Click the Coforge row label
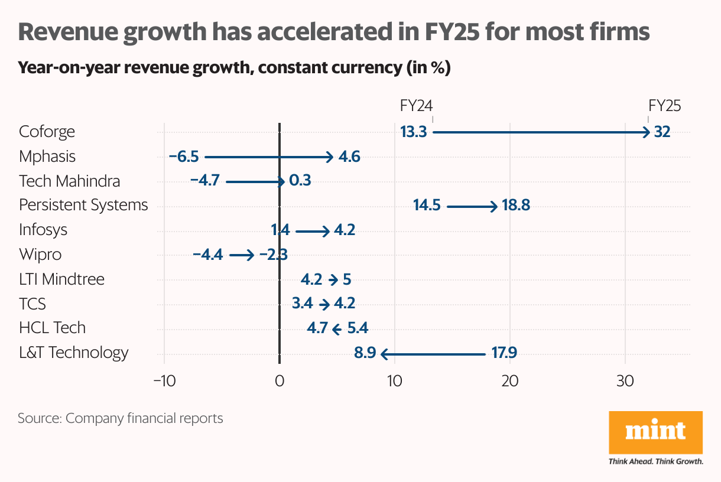pyautogui.click(x=47, y=131)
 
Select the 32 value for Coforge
pyautogui.click(x=662, y=132)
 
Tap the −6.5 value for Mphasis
pyautogui.click(x=184, y=157)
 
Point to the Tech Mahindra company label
pyautogui.click(x=69, y=181)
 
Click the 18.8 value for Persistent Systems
pyautogui.click(x=516, y=206)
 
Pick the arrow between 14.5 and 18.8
pyautogui.click(x=472, y=207)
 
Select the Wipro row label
pyautogui.click(x=40, y=255)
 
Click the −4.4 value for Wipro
pyautogui.click(x=207, y=255)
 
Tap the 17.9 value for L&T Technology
pyautogui.click(x=504, y=354)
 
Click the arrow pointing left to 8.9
pyautogui.click(x=433, y=354)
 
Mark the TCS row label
pyautogui.click(x=33, y=304)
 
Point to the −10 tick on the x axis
pyautogui.click(x=164, y=381)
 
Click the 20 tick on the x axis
pyautogui.click(x=510, y=381)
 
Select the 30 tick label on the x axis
pyautogui.click(x=625, y=381)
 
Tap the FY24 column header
pyautogui.click(x=417, y=106)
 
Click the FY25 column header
pyautogui.click(x=665, y=106)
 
